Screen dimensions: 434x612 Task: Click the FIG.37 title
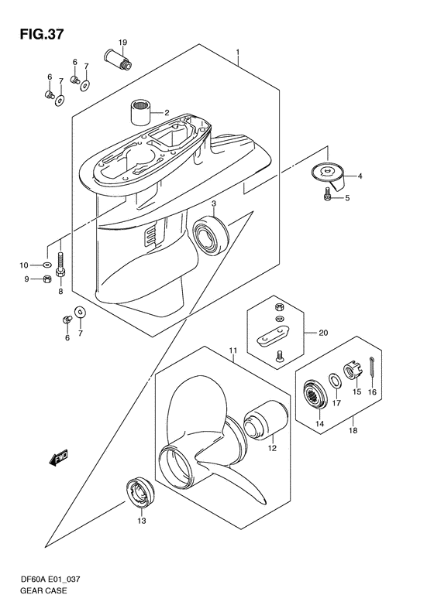pos(41,34)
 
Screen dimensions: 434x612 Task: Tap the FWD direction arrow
pos(59,457)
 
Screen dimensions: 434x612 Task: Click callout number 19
pos(122,42)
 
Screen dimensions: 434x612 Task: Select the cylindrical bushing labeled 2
pos(141,112)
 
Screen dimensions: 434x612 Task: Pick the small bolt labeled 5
pos(327,194)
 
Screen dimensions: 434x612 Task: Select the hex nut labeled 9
pos(46,279)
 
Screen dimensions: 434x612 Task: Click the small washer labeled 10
pos(47,265)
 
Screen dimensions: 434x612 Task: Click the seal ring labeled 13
pos(140,493)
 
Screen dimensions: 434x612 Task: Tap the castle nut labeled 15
pos(352,372)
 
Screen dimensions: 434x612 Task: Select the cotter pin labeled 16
pos(371,367)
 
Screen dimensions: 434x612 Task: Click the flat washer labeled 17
pos(336,380)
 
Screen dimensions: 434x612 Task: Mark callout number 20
pos(323,333)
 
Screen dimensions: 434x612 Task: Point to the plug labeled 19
pos(118,59)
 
